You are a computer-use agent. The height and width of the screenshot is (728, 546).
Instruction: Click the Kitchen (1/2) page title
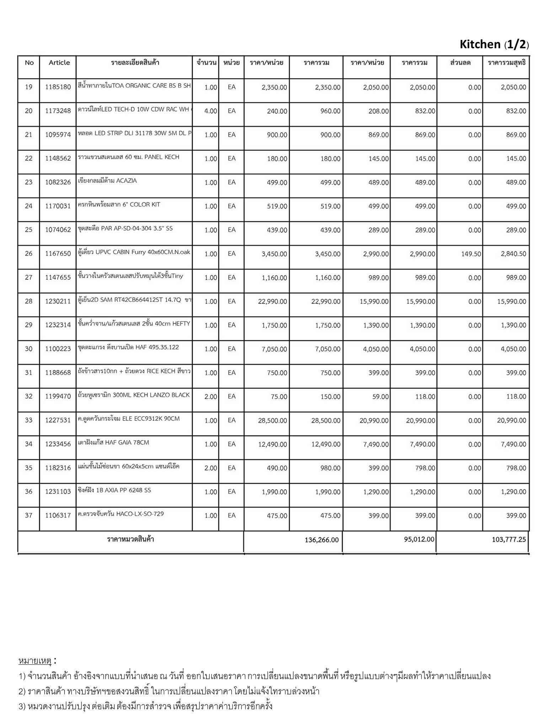tap(494, 44)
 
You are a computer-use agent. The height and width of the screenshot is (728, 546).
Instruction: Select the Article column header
tap(59, 63)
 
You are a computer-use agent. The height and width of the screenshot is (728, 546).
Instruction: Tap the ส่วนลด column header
tap(460, 63)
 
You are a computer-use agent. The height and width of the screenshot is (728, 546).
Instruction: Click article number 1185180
tap(58, 87)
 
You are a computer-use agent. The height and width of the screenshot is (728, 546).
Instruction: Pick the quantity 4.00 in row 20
tap(210, 111)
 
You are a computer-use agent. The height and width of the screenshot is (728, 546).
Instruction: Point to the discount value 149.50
tap(471, 254)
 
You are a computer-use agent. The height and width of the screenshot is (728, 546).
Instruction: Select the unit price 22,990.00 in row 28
tap(273, 301)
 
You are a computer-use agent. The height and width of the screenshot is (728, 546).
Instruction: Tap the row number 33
tap(29, 420)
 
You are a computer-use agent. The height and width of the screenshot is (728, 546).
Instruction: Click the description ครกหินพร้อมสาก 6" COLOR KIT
tap(119, 204)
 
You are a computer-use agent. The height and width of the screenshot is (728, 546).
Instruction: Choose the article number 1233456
tap(58, 444)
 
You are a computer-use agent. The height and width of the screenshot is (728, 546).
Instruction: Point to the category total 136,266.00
tap(321, 540)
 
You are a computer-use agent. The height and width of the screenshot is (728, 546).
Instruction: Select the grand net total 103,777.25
tap(509, 539)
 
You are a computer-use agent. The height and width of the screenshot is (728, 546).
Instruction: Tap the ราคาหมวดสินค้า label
tap(130, 539)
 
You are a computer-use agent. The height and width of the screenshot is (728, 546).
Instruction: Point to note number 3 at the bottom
tap(146, 706)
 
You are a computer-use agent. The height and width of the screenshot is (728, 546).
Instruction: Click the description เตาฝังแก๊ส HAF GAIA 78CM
tap(113, 443)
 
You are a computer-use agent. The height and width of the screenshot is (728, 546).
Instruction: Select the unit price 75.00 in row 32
tap(279, 397)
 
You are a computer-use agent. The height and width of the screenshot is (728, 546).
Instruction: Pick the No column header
tap(29, 63)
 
